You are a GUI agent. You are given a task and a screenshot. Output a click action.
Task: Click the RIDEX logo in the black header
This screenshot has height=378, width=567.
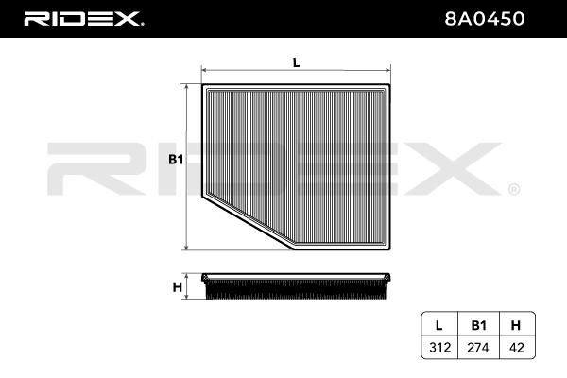tap(83, 19)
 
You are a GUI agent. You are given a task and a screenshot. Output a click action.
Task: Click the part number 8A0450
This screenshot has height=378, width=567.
tap(484, 19)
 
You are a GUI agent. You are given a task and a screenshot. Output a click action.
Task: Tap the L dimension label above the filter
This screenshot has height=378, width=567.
tap(296, 62)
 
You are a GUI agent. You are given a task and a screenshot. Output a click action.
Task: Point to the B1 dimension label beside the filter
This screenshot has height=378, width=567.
tap(176, 160)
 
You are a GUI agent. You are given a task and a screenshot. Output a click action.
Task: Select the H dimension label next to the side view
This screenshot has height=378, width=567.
tap(178, 287)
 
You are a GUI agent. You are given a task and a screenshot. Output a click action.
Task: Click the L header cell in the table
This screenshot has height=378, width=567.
tap(439, 325)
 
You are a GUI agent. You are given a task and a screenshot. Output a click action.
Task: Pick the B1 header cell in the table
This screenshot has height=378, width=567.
tap(478, 325)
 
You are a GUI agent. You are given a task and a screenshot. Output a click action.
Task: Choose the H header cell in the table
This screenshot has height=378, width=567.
tap(516, 325)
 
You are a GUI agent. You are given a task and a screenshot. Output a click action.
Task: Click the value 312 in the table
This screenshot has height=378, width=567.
tap(439, 348)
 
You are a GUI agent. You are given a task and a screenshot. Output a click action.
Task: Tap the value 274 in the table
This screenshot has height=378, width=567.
tap(478, 348)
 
